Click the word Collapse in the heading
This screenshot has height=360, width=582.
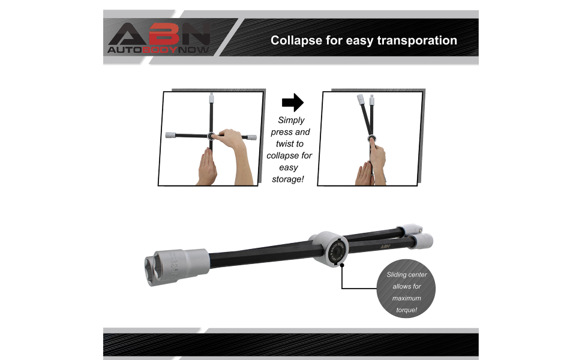(x=294, y=41)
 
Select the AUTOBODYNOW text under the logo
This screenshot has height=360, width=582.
(x=158, y=50)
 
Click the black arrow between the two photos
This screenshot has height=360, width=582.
(x=292, y=103)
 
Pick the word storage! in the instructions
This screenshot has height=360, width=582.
(x=289, y=179)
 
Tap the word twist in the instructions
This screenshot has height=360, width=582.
(x=289, y=143)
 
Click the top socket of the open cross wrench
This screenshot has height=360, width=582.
(x=211, y=98)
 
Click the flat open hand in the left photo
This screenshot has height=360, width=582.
(x=207, y=167)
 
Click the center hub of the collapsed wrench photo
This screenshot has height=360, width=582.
(x=372, y=141)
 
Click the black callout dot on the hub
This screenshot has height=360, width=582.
(x=341, y=265)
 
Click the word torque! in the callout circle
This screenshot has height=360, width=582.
(x=406, y=310)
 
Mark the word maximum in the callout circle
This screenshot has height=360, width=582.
(x=406, y=298)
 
